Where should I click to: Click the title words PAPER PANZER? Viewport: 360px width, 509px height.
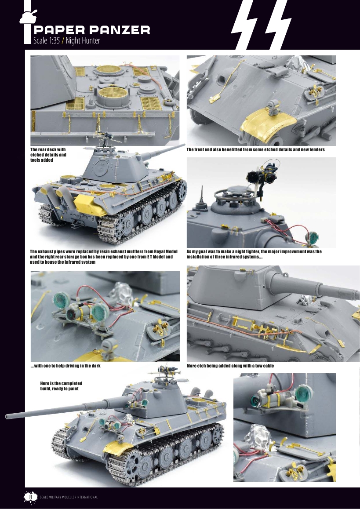[92, 30]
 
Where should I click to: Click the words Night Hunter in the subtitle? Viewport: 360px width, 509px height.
[83, 41]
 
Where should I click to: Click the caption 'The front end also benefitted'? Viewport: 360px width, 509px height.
[255, 150]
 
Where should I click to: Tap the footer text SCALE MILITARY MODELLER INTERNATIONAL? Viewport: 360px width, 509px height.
[68, 497]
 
